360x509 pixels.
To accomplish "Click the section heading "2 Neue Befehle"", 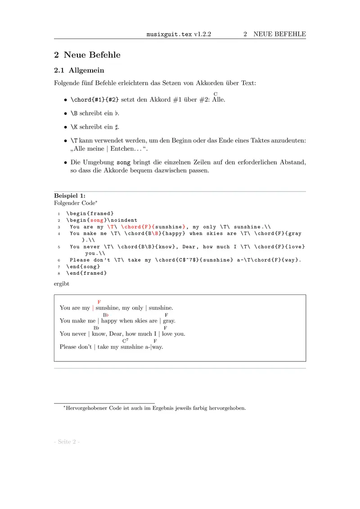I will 87,55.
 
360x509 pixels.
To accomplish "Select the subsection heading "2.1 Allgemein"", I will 79,70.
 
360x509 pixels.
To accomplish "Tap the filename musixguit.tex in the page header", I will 170,34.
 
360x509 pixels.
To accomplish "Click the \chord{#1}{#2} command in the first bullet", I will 92,100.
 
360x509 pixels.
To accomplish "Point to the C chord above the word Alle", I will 216,94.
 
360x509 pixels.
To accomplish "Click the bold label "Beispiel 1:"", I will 70,196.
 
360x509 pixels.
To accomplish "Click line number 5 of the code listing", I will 59,247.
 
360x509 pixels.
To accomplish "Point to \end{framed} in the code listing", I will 86,273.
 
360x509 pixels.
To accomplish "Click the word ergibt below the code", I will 62,284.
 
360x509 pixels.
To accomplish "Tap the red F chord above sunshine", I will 99,302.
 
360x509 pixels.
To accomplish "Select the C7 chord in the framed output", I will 125,341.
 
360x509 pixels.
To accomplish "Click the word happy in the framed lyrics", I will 109,321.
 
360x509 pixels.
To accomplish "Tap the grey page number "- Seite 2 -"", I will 67,442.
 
